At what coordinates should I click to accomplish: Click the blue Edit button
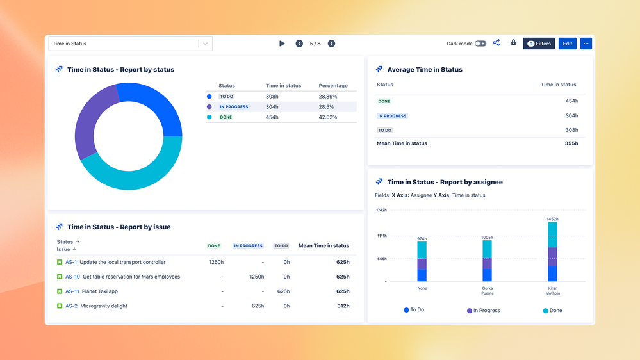[567, 44]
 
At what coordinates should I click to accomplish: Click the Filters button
[539, 44]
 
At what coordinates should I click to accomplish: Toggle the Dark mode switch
[480, 44]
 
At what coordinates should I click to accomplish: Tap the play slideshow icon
[282, 44]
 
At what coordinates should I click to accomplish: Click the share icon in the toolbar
[496, 43]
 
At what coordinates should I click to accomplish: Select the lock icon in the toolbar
[513, 43]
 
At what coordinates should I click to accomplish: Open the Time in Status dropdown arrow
[205, 44]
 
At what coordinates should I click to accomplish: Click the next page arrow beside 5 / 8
[331, 44]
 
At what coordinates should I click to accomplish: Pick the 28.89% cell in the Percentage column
[328, 96]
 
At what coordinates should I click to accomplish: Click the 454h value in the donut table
[273, 117]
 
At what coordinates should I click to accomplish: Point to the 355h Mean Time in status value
[570, 143]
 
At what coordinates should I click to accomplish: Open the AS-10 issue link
[72, 277]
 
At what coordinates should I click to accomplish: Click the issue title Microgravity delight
[104, 306]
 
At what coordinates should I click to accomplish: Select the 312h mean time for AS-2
[343, 306]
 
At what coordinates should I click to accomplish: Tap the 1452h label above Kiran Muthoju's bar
[552, 219]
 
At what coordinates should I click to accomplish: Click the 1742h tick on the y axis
[381, 210]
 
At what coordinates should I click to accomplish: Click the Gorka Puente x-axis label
[487, 290]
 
